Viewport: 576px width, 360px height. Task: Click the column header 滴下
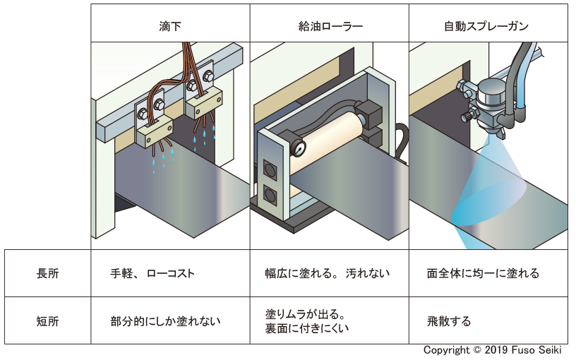pyautogui.click(x=169, y=27)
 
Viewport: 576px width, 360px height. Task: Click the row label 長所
pyautogui.click(x=47, y=273)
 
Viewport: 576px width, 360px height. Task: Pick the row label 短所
pyautogui.click(x=47, y=320)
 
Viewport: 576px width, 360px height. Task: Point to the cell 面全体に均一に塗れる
pyautogui.click(x=483, y=273)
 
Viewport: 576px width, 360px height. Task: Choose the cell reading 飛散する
pyautogui.click(x=449, y=321)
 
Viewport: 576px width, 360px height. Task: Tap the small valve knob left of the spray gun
pyautogui.click(x=467, y=112)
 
